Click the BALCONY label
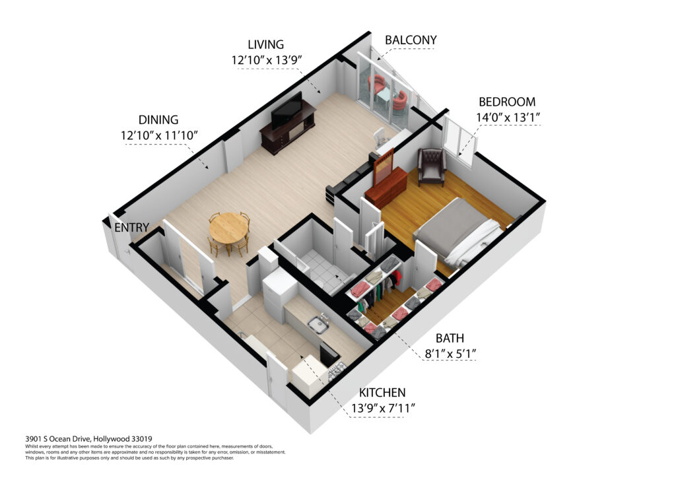[x=411, y=40]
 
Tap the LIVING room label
[x=265, y=44]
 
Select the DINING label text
[x=158, y=119]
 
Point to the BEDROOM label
[x=507, y=102]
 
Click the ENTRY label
[x=132, y=227]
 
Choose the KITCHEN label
[x=382, y=393]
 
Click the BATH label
[x=450, y=338]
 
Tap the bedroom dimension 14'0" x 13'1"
[x=508, y=118]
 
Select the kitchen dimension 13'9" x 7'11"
[x=383, y=408]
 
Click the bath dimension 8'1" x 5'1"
[x=450, y=354]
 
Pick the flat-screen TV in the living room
[x=287, y=110]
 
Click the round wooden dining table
[x=228, y=228]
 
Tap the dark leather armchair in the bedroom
[x=432, y=166]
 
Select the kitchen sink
[x=318, y=325]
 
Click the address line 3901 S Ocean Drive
[x=89, y=439]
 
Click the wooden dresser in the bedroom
[x=386, y=185]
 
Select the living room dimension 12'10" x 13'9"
[x=265, y=60]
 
